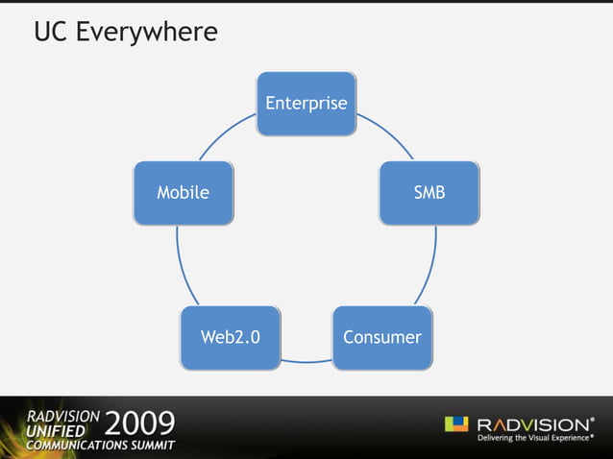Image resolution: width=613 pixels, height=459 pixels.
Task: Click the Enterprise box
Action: click(306, 103)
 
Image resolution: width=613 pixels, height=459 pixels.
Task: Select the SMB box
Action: click(429, 192)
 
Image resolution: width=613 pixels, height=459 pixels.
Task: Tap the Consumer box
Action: click(381, 337)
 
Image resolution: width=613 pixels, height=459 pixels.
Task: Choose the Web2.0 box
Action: click(230, 337)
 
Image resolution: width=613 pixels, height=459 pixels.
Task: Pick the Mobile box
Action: click(183, 192)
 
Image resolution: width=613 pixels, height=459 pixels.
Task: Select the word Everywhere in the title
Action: click(147, 34)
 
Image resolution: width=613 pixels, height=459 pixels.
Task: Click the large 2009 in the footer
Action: click(140, 423)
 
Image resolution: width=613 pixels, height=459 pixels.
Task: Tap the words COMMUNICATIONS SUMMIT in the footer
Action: click(100, 447)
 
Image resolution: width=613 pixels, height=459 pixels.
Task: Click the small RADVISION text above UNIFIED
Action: click(61, 415)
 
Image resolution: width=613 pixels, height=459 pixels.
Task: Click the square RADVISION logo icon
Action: click(456, 424)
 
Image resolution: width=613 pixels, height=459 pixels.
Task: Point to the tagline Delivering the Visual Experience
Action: click(534, 441)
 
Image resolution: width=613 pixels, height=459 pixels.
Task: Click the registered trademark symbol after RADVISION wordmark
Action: click(592, 419)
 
